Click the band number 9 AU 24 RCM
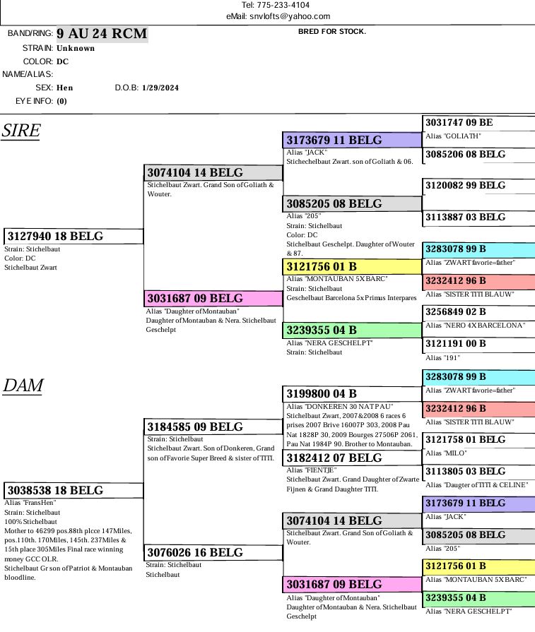pos(102,34)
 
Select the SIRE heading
pos(20,131)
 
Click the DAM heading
pos(23,386)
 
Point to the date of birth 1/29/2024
pos(160,88)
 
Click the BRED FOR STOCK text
pos(332,32)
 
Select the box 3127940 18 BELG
pos(74,237)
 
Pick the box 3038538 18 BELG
pos(74,491)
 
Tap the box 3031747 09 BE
pos(478,123)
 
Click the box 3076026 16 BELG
pos(213,553)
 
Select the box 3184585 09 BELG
pos(213,427)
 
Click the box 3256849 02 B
pos(478,312)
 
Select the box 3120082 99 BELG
pos(478,186)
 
